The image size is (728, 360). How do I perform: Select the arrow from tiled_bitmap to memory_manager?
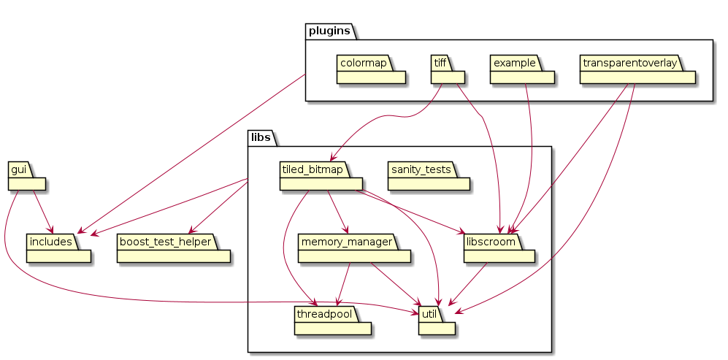338,212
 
